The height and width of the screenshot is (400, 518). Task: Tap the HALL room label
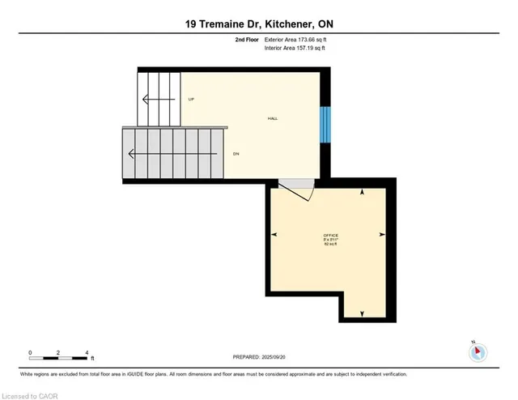click(x=273, y=119)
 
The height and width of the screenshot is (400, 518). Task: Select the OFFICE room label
click(x=329, y=234)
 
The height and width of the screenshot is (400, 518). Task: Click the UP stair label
click(x=191, y=100)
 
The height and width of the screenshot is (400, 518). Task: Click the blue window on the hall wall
click(x=325, y=124)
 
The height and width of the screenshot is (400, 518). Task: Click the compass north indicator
click(x=478, y=351)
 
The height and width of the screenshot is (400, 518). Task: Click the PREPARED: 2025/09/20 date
click(x=259, y=356)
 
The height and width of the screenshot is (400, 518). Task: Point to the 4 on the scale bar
click(x=86, y=352)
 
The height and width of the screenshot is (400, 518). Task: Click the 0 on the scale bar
click(x=30, y=352)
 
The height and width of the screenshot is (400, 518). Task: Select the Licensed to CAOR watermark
click(x=30, y=394)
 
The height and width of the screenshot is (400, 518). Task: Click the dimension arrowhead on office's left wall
click(x=274, y=234)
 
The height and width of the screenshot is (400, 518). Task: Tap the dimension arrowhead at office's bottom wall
click(x=362, y=313)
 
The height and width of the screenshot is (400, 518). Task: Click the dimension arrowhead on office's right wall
click(x=384, y=234)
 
